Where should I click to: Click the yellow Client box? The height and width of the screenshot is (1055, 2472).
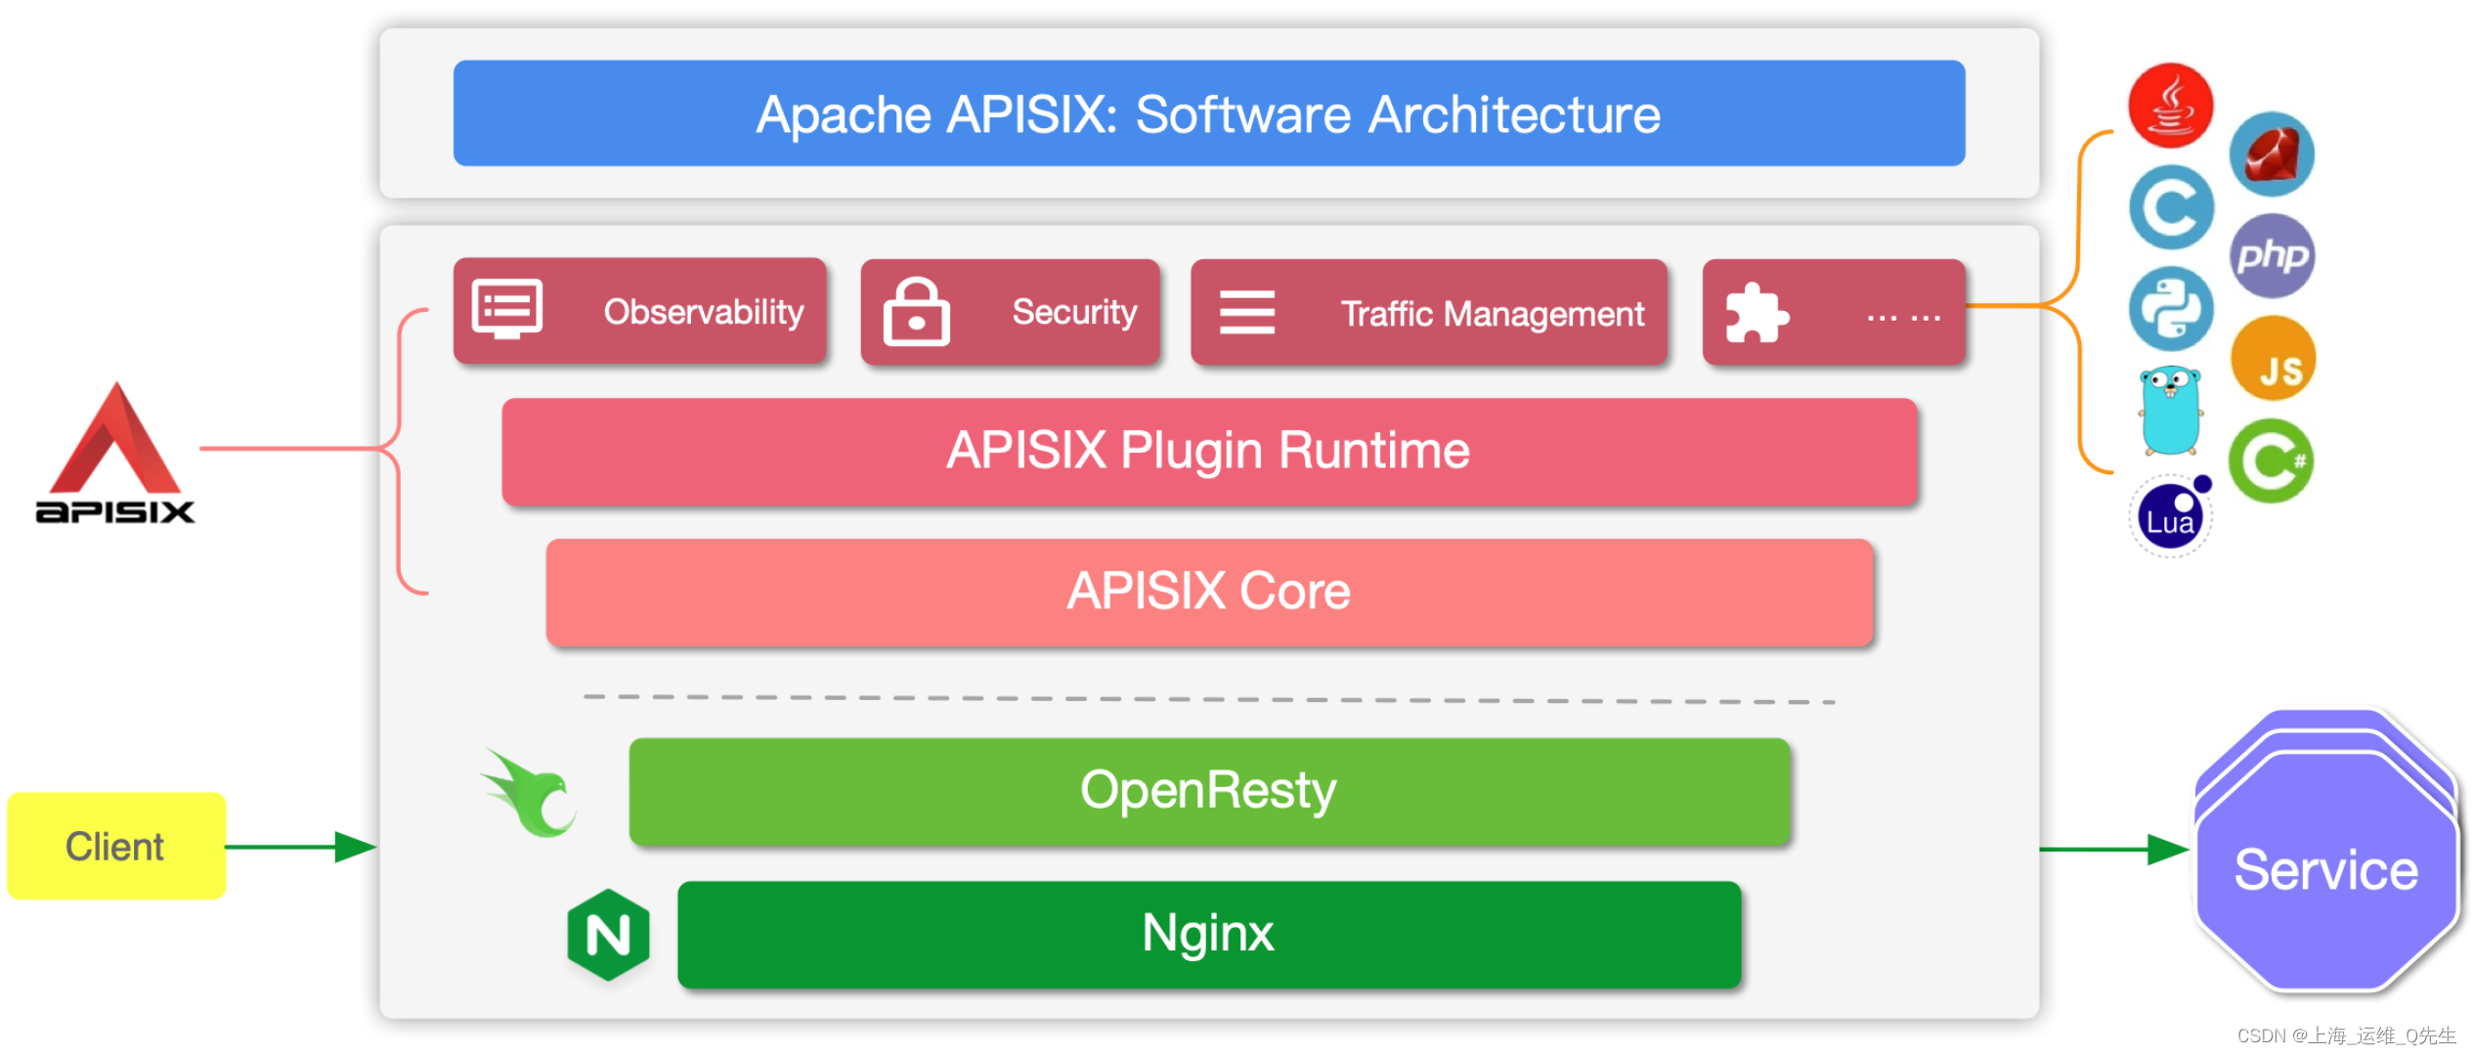click(x=116, y=846)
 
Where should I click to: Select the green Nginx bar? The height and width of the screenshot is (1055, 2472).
click(x=1208, y=934)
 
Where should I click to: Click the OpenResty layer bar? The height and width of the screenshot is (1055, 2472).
click(x=1208, y=791)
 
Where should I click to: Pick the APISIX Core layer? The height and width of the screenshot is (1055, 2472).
click(x=1208, y=592)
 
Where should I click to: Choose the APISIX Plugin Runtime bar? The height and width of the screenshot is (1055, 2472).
click(x=1208, y=451)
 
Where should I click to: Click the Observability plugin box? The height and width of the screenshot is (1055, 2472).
click(x=640, y=312)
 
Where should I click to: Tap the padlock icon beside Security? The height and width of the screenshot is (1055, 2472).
click(x=916, y=312)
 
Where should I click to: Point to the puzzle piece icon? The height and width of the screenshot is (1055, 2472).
click(x=1756, y=314)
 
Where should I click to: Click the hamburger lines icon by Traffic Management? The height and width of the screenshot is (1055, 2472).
click(x=1246, y=313)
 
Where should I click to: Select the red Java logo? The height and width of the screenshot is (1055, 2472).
click(x=2170, y=106)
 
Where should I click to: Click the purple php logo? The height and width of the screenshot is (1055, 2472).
click(x=2273, y=256)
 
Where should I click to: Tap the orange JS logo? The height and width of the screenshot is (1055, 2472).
click(x=2273, y=360)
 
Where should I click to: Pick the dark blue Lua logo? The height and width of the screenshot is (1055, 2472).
click(x=2169, y=518)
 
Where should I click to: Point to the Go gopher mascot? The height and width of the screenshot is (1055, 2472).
click(x=2170, y=411)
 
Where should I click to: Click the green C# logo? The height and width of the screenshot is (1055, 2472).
click(x=2272, y=461)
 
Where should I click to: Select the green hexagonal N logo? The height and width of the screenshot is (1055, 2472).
click(x=608, y=935)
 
